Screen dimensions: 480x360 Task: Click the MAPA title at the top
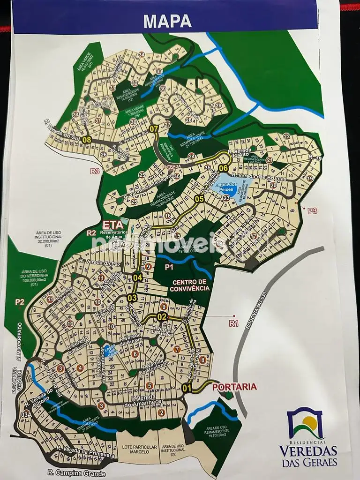click(x=167, y=21)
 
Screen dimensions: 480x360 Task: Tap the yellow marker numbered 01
click(x=187, y=388)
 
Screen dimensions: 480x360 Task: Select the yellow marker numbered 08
click(x=86, y=139)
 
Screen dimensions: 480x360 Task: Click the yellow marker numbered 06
click(x=223, y=168)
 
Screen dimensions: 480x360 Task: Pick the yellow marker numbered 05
click(x=199, y=199)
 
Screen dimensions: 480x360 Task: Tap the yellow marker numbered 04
click(x=137, y=277)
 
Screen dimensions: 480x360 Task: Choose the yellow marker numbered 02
click(x=162, y=316)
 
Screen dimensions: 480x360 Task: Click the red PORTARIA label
click(x=234, y=387)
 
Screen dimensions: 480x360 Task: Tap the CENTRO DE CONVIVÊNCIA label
click(x=191, y=285)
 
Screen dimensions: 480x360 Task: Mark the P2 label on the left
click(x=20, y=302)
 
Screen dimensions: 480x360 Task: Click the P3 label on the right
click(x=312, y=211)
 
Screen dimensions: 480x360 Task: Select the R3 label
click(x=96, y=172)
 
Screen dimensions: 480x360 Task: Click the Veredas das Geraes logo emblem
click(x=306, y=423)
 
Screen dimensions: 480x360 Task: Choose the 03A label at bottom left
click(x=26, y=415)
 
